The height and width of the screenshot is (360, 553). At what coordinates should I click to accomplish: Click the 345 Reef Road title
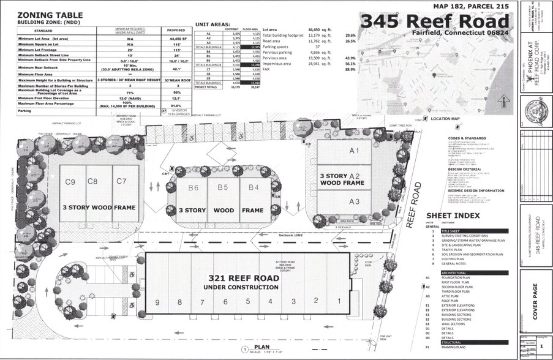tap(435, 20)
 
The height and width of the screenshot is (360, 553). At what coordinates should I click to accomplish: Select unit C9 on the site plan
tap(70, 181)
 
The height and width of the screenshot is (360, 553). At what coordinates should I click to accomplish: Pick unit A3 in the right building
tap(353, 201)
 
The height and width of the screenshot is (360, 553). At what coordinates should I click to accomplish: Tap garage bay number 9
tap(157, 301)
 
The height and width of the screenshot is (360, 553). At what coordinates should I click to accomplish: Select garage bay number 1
tap(338, 301)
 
